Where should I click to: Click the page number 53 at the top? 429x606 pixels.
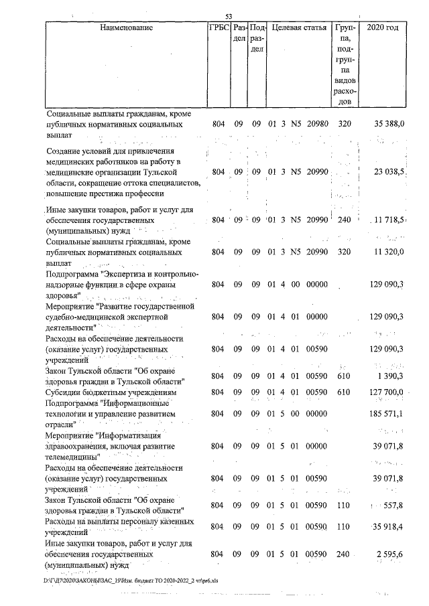228,17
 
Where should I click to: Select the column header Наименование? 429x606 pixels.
126,28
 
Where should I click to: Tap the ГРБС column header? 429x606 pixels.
219,28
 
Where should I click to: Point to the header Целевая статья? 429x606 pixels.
298,28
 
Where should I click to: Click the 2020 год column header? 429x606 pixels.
383,28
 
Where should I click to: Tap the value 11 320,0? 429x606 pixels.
388,253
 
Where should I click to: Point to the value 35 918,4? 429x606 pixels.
388,527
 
